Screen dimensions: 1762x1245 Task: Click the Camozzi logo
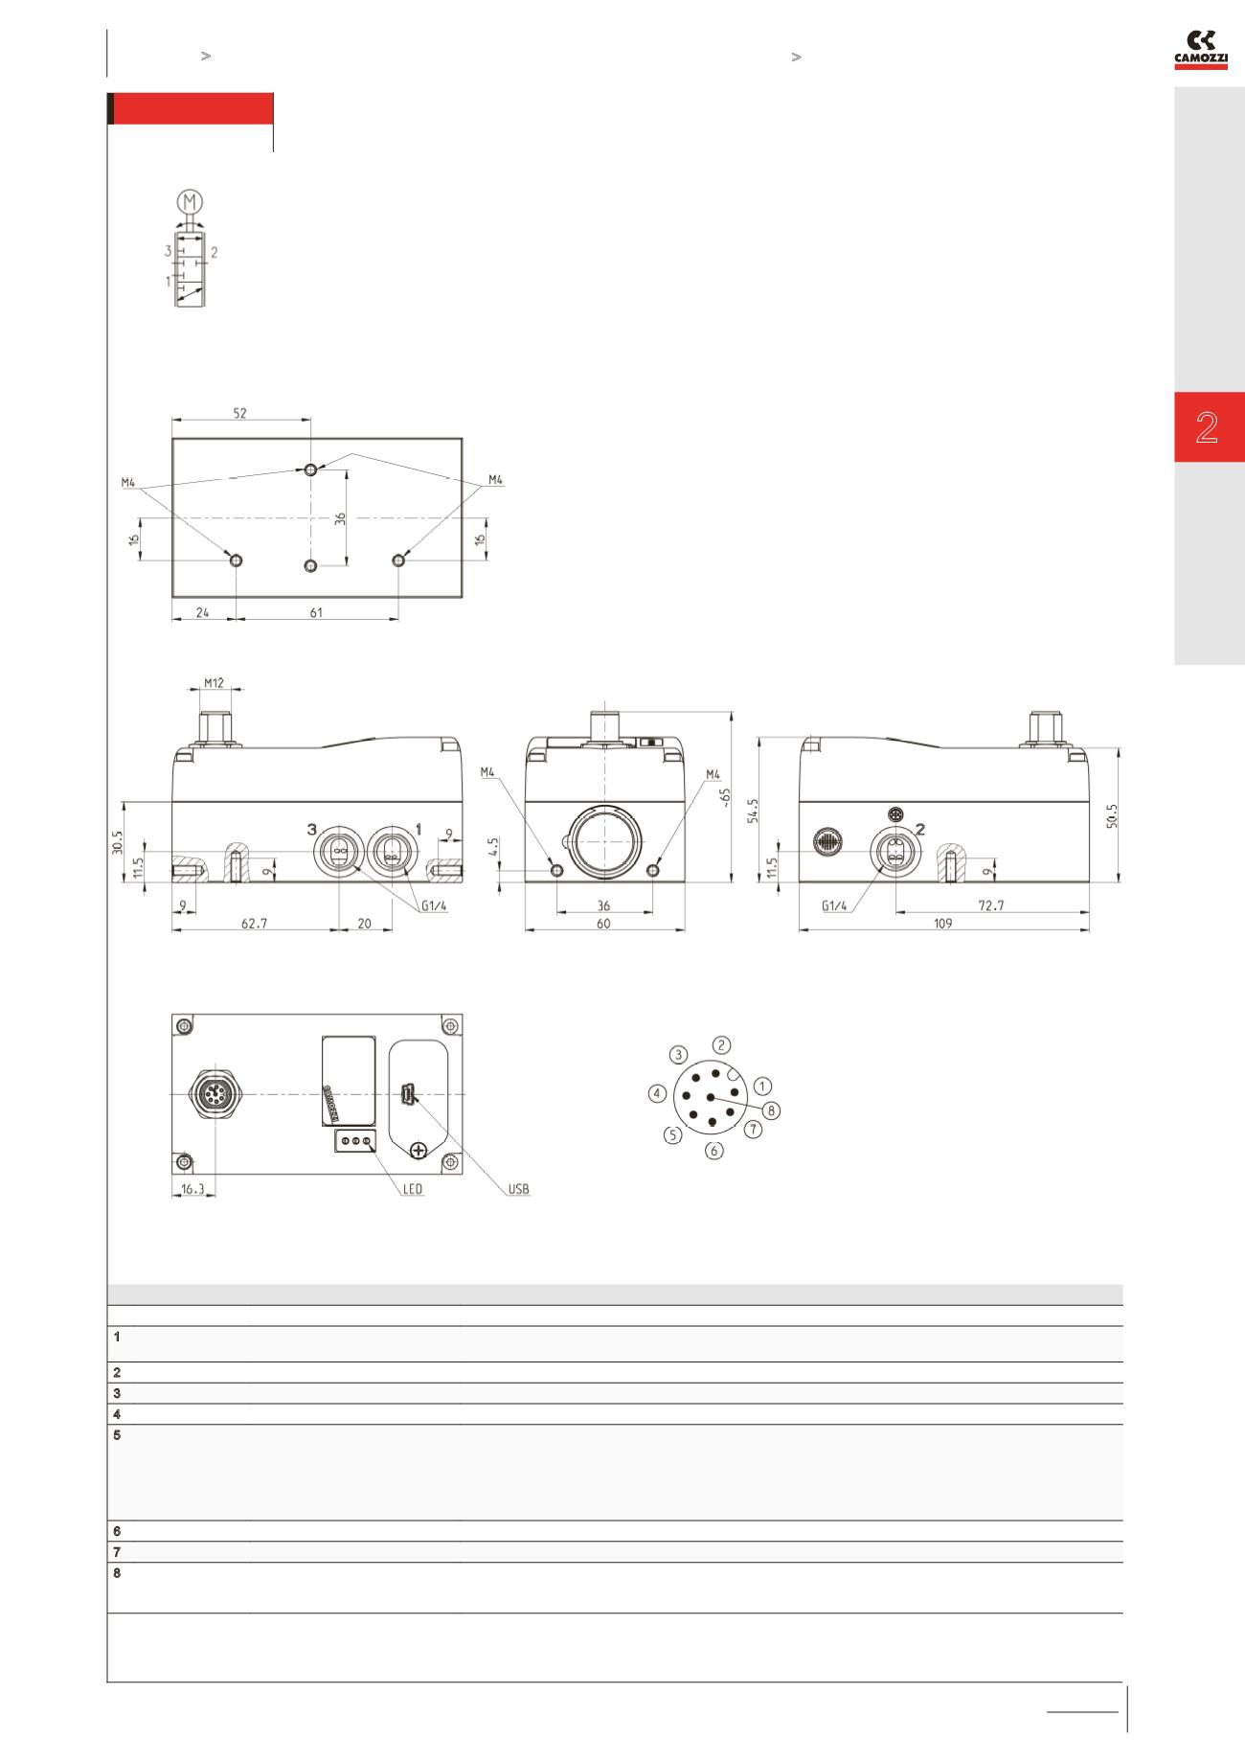[x=1201, y=51]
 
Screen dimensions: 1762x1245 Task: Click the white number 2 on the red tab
[x=1207, y=427]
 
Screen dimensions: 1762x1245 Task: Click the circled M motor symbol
[x=191, y=202]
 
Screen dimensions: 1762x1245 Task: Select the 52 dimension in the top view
[x=240, y=413]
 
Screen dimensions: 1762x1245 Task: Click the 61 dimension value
[x=316, y=612]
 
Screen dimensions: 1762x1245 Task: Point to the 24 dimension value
[x=203, y=612]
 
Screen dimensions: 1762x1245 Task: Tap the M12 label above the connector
[x=214, y=683]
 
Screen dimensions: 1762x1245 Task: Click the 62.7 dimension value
[x=255, y=924]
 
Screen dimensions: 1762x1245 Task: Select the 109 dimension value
[x=942, y=924]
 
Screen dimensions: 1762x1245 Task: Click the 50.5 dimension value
[x=1112, y=815]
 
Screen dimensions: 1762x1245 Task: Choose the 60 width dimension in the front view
[x=603, y=924]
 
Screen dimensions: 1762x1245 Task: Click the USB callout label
[x=518, y=1189]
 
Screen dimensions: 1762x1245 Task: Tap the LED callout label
[x=412, y=1189]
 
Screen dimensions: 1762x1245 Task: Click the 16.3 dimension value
[x=192, y=1189]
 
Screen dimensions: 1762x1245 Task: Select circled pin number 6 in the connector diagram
[x=714, y=1151]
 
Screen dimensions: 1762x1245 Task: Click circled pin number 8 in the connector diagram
[x=772, y=1110]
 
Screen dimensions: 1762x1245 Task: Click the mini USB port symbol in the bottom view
[x=407, y=1094]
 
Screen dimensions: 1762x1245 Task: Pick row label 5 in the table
[x=117, y=1435]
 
